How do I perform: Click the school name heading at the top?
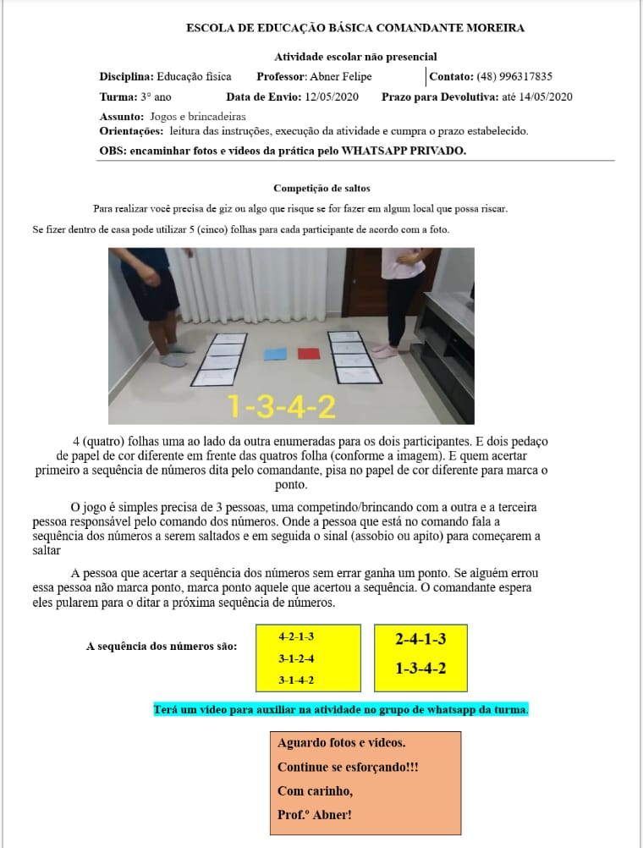tap(355, 28)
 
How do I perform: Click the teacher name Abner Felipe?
tap(337, 76)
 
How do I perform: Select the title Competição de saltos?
tap(321, 188)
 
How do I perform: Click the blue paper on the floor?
tap(276, 354)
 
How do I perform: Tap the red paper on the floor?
tap(307, 353)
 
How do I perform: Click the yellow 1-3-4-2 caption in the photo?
tap(282, 407)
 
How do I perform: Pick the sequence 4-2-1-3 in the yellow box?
tap(296, 636)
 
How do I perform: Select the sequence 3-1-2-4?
tap(296, 658)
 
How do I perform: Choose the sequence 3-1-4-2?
tap(296, 680)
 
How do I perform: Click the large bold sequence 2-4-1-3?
tap(420, 639)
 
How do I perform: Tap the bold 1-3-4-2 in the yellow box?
tap(420, 669)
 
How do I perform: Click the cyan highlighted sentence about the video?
tap(341, 708)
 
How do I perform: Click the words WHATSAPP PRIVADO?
tap(404, 151)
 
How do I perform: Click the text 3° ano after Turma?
tap(156, 96)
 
